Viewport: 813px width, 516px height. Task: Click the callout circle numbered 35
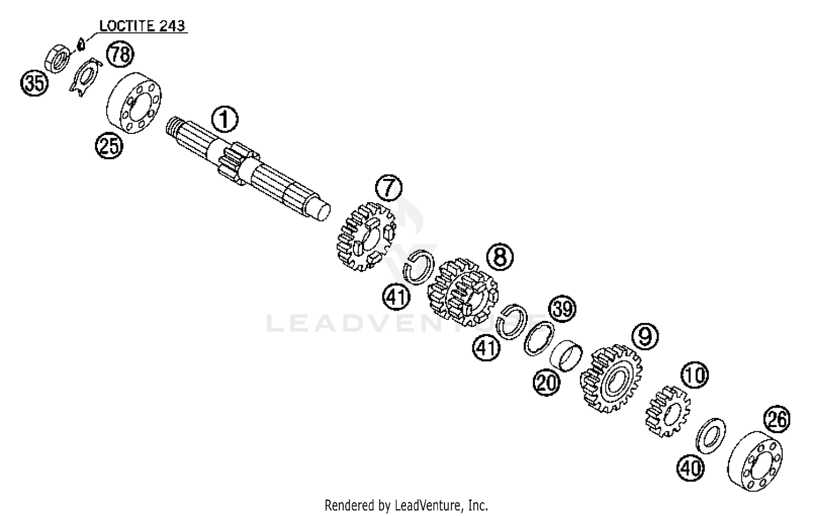(34, 84)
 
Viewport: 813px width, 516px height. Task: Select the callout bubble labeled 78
(120, 54)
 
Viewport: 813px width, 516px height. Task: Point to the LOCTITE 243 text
(142, 25)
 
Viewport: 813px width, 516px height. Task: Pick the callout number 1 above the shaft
(225, 119)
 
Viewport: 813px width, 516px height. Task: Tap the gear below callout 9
(611, 379)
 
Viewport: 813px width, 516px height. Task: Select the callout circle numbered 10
(695, 375)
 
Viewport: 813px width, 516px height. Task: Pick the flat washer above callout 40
(710, 434)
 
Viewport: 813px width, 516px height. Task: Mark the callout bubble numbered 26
(777, 420)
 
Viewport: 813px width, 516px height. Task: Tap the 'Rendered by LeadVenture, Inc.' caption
(406, 506)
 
